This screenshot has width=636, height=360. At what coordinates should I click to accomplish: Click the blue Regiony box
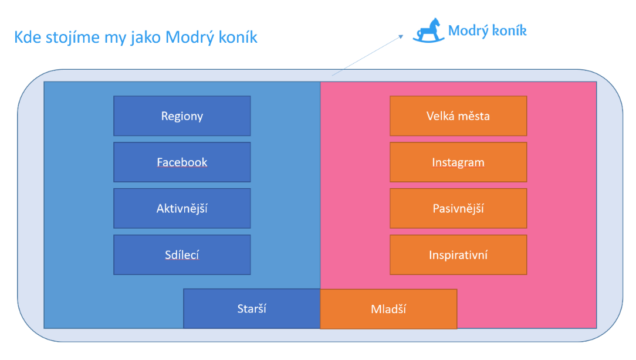(182, 116)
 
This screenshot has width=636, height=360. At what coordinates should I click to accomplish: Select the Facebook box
(182, 162)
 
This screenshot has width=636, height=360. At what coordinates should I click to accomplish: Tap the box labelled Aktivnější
(182, 208)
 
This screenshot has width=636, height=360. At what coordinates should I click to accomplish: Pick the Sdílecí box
(182, 254)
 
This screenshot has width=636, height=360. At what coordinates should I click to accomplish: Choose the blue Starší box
(252, 308)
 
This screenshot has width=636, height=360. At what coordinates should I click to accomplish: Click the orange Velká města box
(458, 116)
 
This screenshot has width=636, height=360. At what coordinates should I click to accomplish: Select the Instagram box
(458, 162)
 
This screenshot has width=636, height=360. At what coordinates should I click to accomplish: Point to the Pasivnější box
(458, 208)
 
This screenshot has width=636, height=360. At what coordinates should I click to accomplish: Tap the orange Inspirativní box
(458, 254)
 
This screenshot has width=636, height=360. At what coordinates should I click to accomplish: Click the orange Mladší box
(388, 309)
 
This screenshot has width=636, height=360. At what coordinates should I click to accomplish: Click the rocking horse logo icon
(428, 30)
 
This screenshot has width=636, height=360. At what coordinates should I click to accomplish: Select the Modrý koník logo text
(487, 31)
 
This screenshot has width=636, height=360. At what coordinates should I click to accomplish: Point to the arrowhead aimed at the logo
(401, 36)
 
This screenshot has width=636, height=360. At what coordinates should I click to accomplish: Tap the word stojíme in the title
(73, 38)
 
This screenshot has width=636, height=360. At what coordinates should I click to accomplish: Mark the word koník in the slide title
(238, 38)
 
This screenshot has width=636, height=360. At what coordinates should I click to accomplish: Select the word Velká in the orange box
(441, 116)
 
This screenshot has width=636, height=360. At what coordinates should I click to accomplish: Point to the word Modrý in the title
(190, 38)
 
